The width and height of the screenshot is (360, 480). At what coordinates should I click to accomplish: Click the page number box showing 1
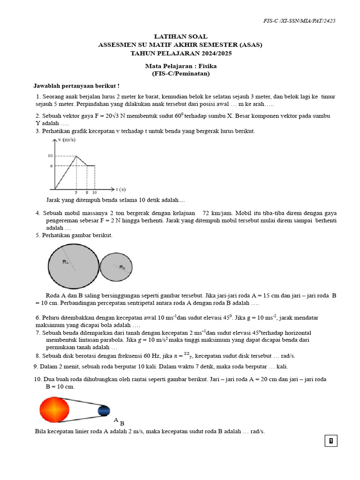[331, 441]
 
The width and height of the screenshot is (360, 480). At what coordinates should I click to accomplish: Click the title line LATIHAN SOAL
[180, 37]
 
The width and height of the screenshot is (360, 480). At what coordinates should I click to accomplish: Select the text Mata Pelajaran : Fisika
[180, 66]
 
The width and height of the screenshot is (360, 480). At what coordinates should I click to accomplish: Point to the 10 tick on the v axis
[50, 156]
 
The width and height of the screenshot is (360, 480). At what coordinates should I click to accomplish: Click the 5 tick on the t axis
[76, 192]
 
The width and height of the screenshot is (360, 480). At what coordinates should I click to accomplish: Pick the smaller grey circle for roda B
[117, 267]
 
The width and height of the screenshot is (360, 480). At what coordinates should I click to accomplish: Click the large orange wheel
[54, 410]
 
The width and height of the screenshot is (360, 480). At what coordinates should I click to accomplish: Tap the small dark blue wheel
[104, 411]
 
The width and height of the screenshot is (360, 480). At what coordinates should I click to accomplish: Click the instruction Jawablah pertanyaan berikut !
[76, 86]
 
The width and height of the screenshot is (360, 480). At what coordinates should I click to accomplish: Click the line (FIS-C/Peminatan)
[180, 74]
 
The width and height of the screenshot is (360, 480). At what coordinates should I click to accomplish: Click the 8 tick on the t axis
[87, 192]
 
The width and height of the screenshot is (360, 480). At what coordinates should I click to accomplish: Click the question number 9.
[36, 367]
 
